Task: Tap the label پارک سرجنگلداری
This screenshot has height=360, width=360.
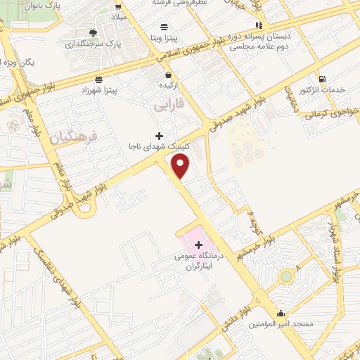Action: pyautogui.click(x=94, y=43)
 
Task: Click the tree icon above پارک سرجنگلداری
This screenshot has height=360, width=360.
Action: pyautogui.click(x=94, y=32)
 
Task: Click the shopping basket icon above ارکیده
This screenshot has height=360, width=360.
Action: pyautogui.click(x=168, y=74)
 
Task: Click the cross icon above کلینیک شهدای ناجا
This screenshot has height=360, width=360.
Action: pyautogui.click(x=159, y=135)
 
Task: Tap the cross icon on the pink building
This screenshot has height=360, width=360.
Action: pyautogui.click(x=199, y=245)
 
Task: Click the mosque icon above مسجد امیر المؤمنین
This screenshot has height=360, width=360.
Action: pyautogui.click(x=281, y=314)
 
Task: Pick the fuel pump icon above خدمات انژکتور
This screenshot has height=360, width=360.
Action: pyautogui.click(x=321, y=79)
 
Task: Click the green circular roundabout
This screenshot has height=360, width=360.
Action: pyautogui.click(x=286, y=277)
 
